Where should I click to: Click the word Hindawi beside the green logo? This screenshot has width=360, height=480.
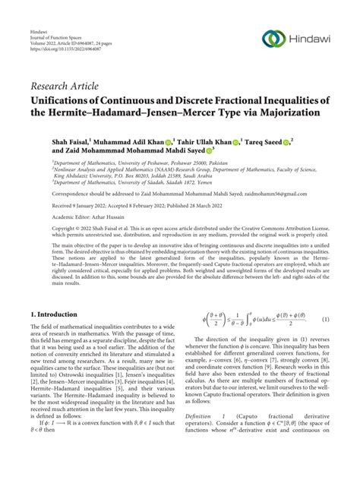314,39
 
